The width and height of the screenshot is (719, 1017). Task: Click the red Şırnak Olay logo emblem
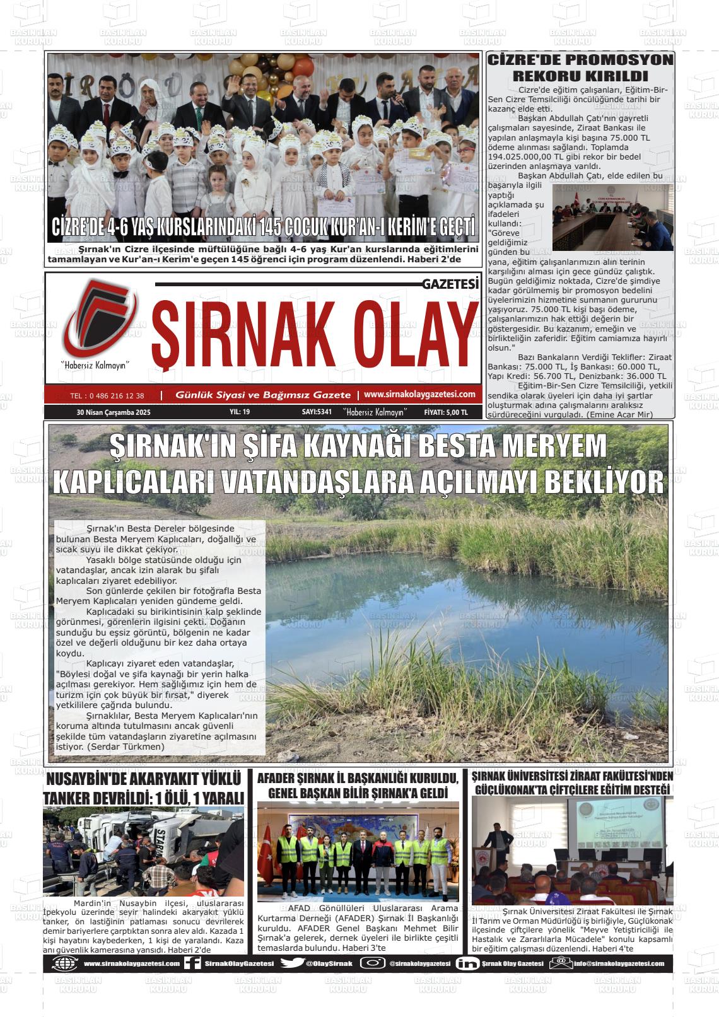(x=98, y=318)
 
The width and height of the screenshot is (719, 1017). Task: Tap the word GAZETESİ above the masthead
(x=450, y=285)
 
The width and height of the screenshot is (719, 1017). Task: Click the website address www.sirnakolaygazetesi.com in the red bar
(x=419, y=394)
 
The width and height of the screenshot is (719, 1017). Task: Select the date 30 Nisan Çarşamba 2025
(x=118, y=412)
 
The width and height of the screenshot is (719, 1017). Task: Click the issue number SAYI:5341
(x=317, y=412)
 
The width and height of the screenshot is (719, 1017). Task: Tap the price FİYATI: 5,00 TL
(x=446, y=412)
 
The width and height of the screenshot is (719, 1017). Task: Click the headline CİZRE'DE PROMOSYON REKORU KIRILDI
(x=580, y=68)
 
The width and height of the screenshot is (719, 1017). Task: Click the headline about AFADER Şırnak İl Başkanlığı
(x=358, y=784)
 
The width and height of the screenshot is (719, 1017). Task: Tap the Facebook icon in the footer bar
(x=193, y=963)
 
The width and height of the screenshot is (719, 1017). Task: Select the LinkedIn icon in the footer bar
(x=467, y=963)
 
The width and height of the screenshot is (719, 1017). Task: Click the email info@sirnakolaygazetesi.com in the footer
(x=618, y=963)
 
